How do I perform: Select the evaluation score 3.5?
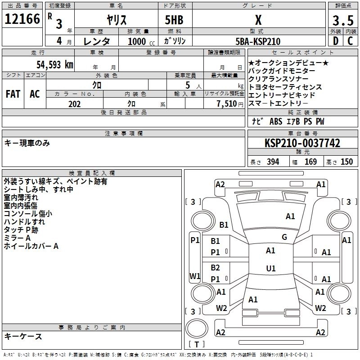(342, 21)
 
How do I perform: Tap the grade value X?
(258, 20)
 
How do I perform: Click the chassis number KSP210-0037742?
(302, 143)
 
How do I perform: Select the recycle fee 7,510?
(227, 104)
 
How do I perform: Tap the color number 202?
(74, 104)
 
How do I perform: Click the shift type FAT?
(13, 94)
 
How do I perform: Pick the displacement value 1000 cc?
(137, 41)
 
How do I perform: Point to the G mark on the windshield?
(284, 237)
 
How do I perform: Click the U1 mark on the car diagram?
(271, 269)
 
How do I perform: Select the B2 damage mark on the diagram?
(216, 267)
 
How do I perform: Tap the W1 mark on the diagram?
(195, 276)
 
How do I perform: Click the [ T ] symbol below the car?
(197, 345)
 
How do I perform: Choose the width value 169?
(310, 162)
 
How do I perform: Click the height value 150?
(346, 162)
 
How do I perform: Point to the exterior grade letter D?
(335, 41)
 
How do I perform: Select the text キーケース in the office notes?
(23, 336)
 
